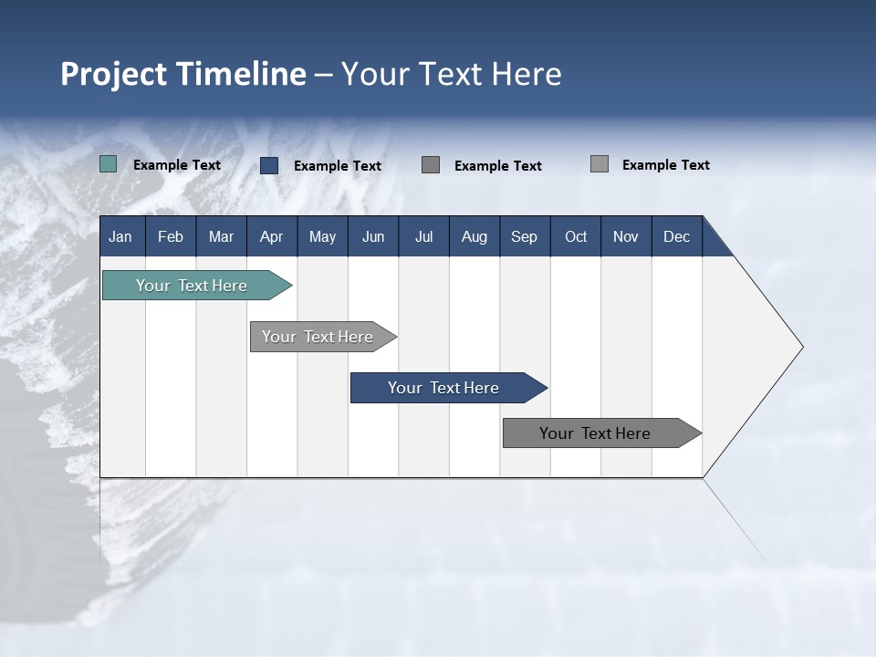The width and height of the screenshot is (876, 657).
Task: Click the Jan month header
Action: [121, 236]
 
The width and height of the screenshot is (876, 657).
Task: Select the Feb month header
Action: [171, 236]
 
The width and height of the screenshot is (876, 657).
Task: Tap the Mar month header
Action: [221, 236]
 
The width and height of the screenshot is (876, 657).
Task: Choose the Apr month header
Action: [272, 236]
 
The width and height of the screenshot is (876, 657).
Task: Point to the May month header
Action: [322, 236]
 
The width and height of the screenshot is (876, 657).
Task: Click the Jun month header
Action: [373, 236]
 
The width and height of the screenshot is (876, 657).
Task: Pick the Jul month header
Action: [423, 236]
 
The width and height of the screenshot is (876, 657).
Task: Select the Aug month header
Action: [474, 236]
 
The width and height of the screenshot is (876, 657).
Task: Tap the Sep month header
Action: [525, 236]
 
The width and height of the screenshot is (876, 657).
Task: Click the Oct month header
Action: [576, 236]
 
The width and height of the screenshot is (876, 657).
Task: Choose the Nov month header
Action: [626, 236]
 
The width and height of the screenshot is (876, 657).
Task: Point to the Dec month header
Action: [677, 236]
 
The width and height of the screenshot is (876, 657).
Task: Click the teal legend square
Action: [109, 164]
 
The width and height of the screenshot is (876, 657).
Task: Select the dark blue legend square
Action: [269, 165]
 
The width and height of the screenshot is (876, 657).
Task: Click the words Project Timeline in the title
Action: [183, 74]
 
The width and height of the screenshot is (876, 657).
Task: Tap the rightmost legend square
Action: [600, 164]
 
